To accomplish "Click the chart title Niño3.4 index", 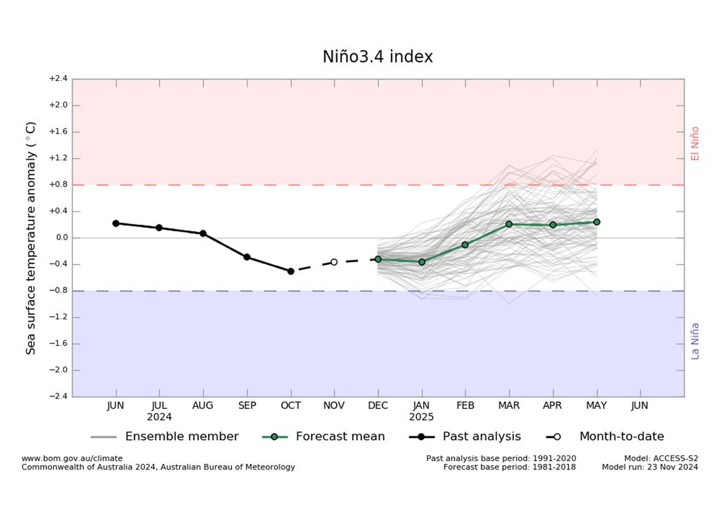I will tap(378, 57).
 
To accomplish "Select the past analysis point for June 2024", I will tap(116, 223).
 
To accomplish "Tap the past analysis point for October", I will tap(290, 271).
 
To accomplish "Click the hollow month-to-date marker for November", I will tap(334, 262).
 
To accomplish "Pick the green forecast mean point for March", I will tap(509, 224).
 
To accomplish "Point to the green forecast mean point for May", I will tap(596, 222).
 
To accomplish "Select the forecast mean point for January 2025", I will tap(422, 262).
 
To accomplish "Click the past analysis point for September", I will tap(247, 257).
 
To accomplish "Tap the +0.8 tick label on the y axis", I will tap(58, 185).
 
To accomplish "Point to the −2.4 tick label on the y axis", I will tap(58, 396).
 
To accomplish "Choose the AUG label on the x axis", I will tap(203, 406).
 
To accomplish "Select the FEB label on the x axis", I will tap(465, 406).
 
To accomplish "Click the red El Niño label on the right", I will tap(695, 143).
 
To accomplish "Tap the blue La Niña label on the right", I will tap(695, 341).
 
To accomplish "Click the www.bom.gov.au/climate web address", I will tap(72, 458).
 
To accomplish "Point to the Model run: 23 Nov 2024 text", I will tap(650, 467).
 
